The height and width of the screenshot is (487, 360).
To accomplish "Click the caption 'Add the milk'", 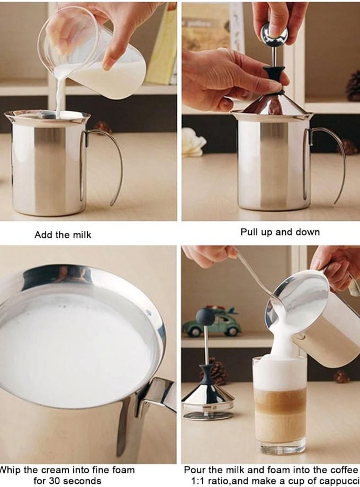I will coord(62,235).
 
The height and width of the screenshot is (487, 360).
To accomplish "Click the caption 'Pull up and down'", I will coord(280,232).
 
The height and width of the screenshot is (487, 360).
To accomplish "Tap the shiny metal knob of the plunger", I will coord(275,35).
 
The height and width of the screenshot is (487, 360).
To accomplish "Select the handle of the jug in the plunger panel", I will coord(328,159).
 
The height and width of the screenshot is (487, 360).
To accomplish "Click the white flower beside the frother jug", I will coord(193,142).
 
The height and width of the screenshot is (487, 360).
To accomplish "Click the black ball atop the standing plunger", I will coord(205,317).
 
